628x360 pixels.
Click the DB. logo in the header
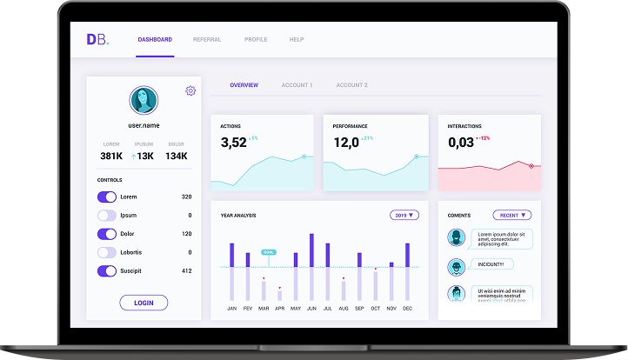point(97,39)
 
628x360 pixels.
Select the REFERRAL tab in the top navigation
point(206,39)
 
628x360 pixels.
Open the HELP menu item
point(296,39)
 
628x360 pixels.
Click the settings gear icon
point(190,90)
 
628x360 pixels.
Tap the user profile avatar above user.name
point(144,100)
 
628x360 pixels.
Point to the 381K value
point(110,156)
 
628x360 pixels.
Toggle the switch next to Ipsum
point(107,215)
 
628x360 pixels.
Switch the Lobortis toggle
point(107,252)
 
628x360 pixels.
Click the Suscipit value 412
point(186,270)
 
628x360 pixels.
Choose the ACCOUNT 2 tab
point(351,85)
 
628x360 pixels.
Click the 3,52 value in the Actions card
point(233,143)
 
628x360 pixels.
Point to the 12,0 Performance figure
point(345,143)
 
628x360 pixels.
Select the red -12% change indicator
point(484,138)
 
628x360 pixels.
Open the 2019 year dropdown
point(404,215)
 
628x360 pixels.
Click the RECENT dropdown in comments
point(511,215)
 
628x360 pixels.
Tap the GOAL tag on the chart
point(269,252)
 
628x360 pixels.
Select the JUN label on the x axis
point(311,309)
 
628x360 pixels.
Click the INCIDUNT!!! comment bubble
point(491,264)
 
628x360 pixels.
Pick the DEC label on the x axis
point(407,309)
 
